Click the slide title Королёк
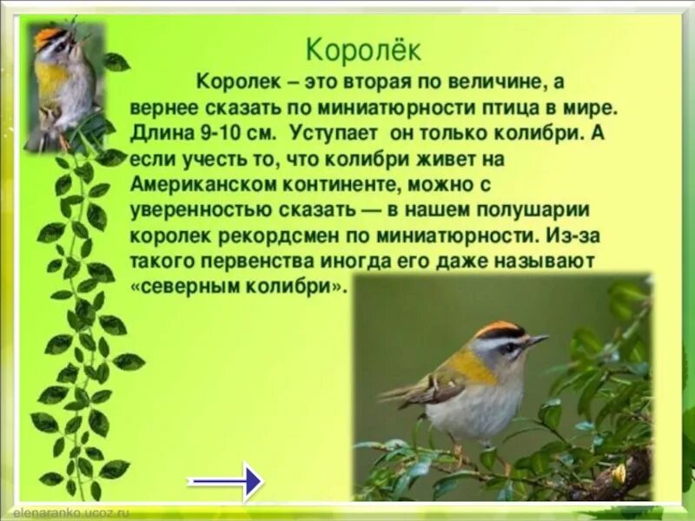tap(364, 49)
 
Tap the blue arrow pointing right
tap(226, 480)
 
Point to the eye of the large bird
tap(511, 347)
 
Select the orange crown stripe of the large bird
tap(498, 329)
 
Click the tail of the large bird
tap(401, 395)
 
